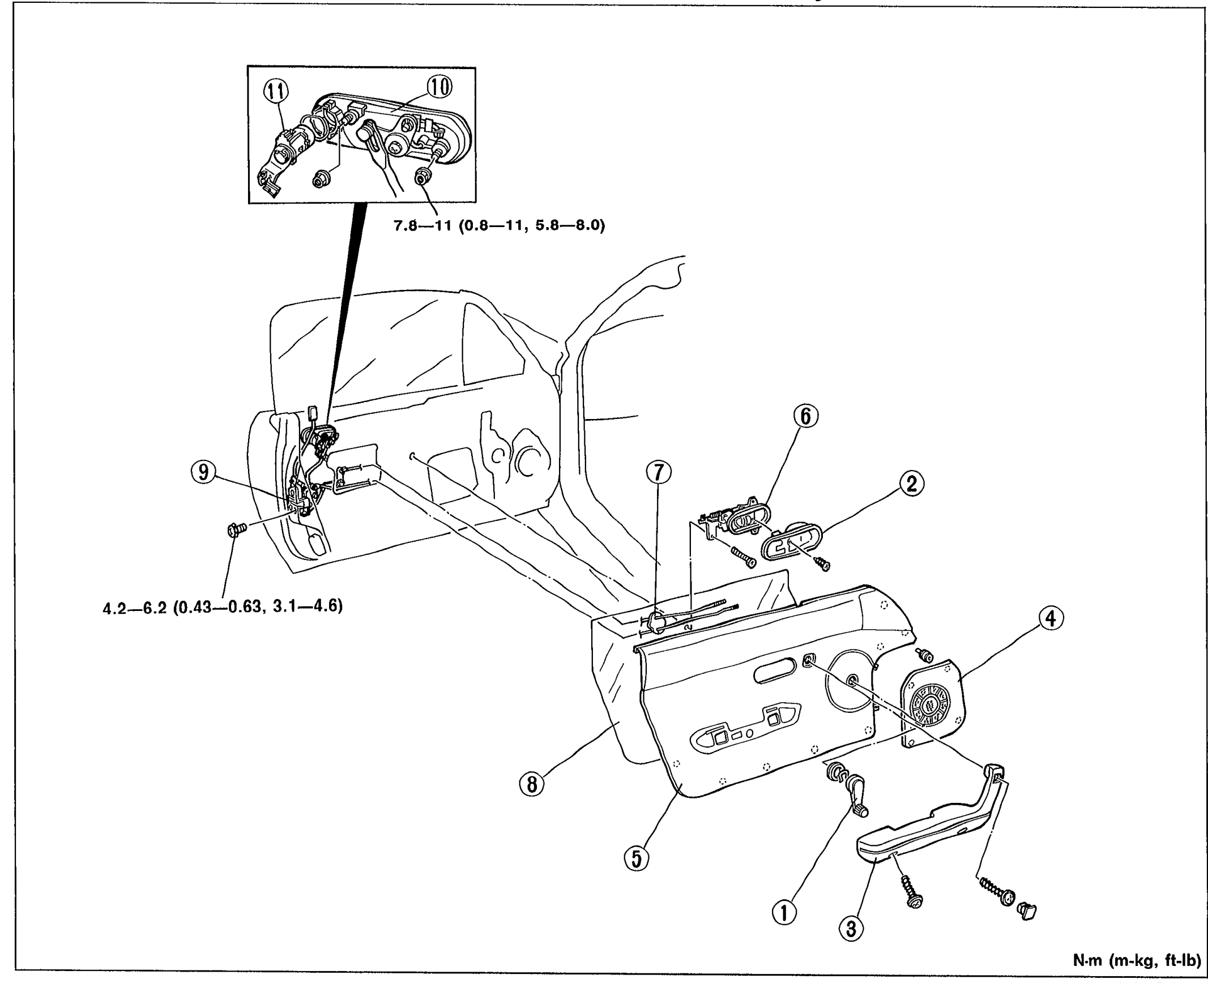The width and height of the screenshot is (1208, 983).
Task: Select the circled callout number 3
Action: click(x=852, y=929)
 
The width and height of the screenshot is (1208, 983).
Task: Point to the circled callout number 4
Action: click(x=1051, y=619)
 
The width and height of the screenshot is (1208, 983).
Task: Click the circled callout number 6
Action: click(x=806, y=417)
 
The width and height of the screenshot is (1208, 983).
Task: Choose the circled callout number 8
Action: click(x=532, y=784)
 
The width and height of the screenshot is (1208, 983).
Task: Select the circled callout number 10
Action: click(x=439, y=87)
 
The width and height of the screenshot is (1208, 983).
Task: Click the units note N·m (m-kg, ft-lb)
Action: click(x=1137, y=961)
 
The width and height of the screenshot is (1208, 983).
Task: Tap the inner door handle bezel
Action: click(x=789, y=541)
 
